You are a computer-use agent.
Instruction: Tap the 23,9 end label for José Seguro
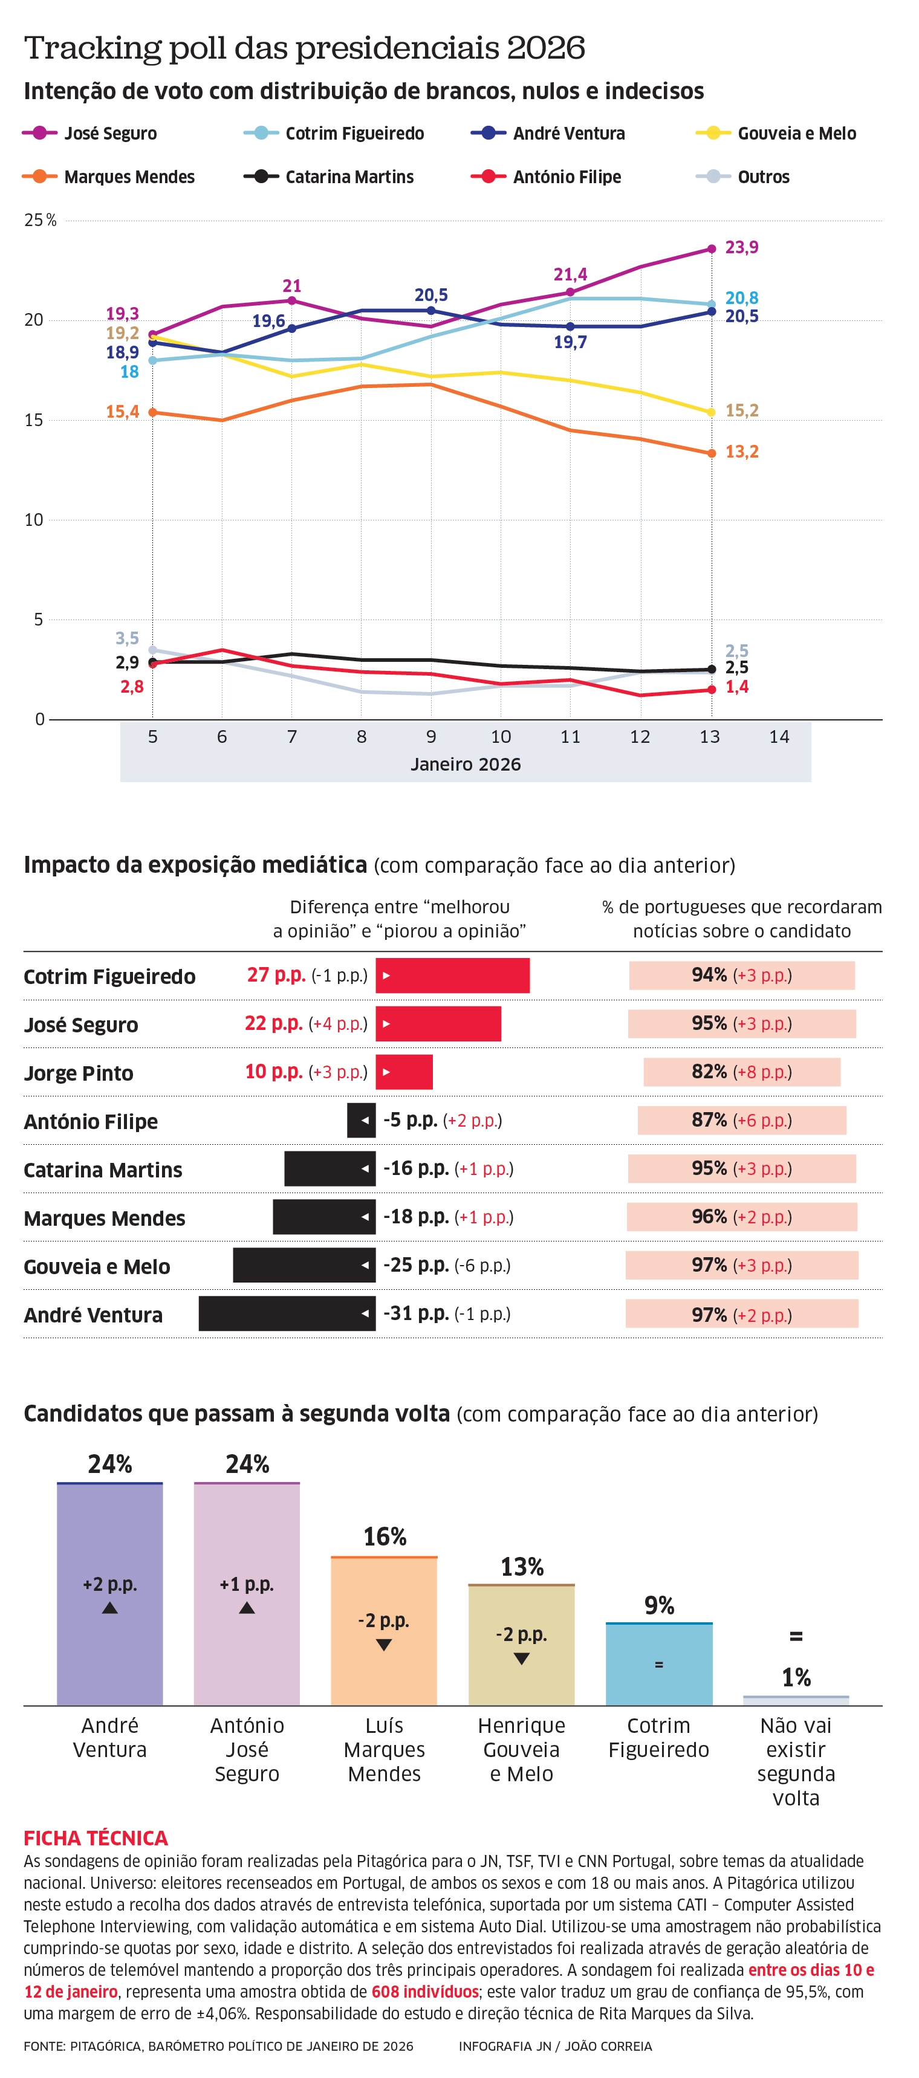741,247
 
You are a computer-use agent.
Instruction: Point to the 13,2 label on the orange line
741,452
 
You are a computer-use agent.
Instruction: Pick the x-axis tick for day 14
779,737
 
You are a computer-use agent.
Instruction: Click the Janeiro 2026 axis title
466,764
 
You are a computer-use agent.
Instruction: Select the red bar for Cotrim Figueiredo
453,976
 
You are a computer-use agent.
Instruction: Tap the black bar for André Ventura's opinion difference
287,1314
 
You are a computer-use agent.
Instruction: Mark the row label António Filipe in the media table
90,1121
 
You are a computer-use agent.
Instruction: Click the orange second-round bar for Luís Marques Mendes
384,1630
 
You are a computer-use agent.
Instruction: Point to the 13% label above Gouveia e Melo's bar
521,1567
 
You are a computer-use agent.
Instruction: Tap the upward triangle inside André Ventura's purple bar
109,1608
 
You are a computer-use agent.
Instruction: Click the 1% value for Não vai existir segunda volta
796,1678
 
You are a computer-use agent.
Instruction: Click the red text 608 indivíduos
424,1992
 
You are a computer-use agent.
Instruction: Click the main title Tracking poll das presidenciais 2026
304,48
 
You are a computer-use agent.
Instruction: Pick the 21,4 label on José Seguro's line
570,274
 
